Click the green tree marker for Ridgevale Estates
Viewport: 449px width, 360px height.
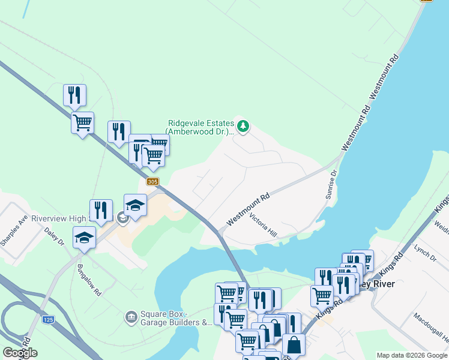243,126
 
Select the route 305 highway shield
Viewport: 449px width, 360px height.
152,181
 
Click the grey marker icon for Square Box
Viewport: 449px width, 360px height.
130,316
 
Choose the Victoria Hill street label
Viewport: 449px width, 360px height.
264,226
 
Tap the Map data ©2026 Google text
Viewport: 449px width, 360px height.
411,355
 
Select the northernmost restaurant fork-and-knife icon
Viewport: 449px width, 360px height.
74,94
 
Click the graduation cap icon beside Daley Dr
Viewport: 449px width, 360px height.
84,237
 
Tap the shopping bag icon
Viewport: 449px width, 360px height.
294,344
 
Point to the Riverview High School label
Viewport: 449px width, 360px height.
66,218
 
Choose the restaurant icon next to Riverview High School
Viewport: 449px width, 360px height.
101,209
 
